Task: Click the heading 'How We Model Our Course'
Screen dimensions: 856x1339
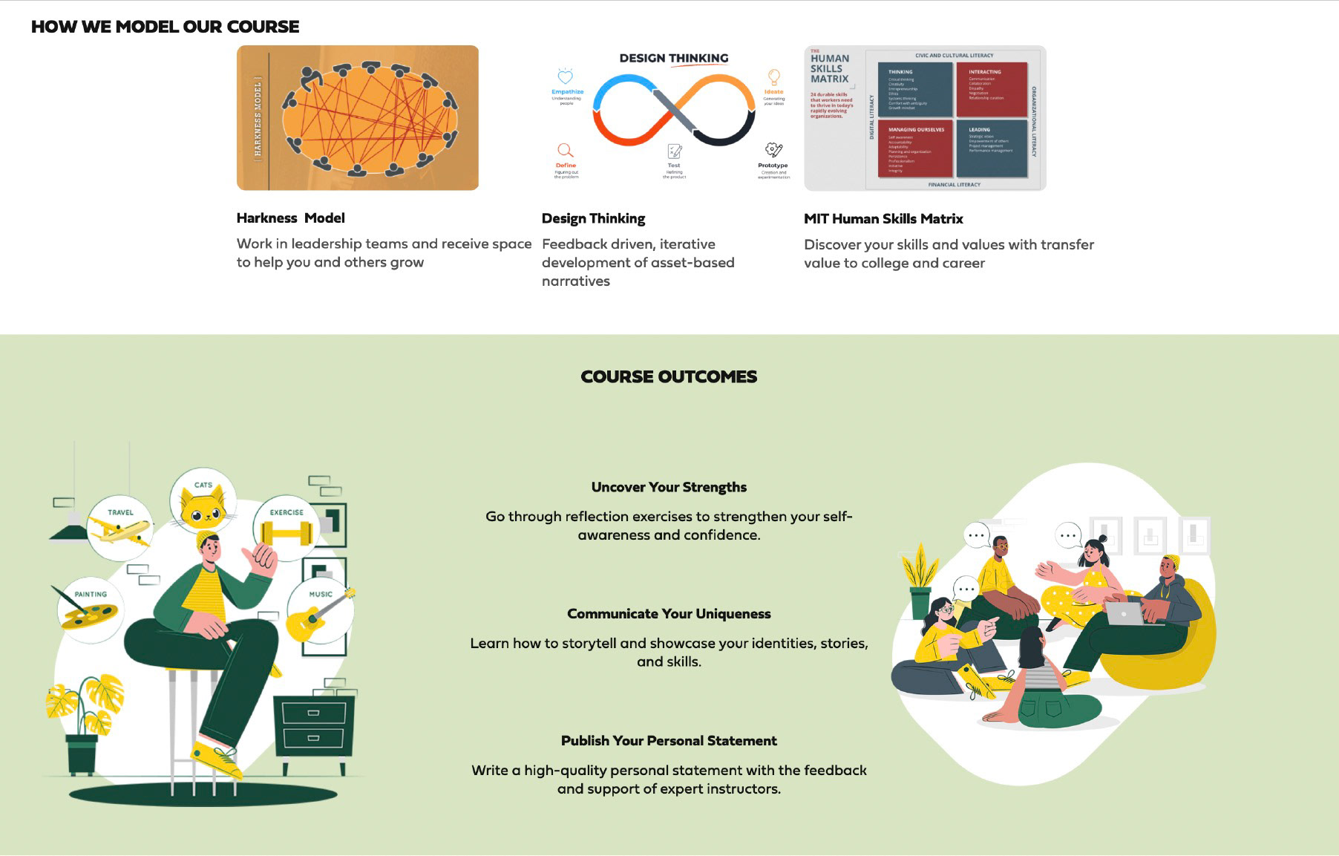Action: pos(165,27)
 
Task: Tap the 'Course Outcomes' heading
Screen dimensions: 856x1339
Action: pos(669,377)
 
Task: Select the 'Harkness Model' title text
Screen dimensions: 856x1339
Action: pos(290,218)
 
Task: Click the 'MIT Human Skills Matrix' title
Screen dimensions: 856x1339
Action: pos(883,219)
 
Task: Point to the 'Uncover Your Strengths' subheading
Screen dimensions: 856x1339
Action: pos(669,488)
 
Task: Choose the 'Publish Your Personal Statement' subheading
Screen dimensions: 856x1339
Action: pos(669,741)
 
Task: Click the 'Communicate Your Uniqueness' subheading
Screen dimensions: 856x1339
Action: pos(669,614)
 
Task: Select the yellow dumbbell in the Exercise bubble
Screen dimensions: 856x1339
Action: pos(287,533)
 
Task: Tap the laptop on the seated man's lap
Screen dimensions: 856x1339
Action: pos(1125,613)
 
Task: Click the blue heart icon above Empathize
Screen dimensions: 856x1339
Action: pos(566,77)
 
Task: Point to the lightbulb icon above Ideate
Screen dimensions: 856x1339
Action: pos(774,77)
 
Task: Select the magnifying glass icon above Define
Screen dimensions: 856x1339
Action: pos(566,151)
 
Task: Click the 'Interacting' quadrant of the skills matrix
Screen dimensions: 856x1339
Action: pos(992,89)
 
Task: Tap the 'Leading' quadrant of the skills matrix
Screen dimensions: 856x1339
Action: pos(992,148)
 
